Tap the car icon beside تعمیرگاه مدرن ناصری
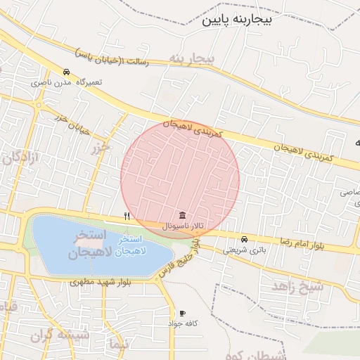point(65,72)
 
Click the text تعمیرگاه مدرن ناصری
point(66,82)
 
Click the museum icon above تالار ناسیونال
point(183,214)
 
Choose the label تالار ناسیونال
point(183,226)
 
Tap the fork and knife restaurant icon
point(127,216)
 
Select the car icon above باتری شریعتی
point(244,239)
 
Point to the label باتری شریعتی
point(245,250)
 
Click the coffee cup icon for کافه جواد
point(182,313)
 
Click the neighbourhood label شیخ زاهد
point(297,285)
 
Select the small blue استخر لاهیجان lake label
point(129,246)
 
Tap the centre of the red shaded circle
point(180,179)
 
